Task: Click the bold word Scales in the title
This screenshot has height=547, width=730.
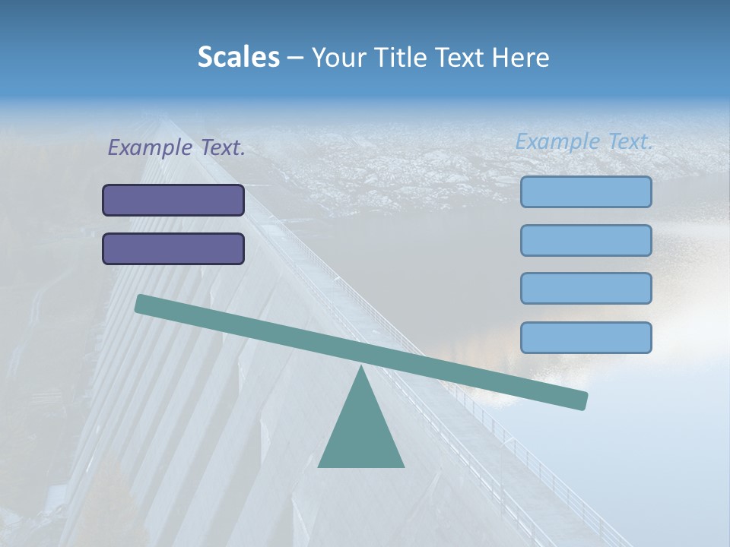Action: [238, 57]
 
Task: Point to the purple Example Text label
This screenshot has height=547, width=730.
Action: [176, 148]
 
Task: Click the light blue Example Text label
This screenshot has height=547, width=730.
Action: [584, 141]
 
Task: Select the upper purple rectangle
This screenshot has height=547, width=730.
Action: [173, 201]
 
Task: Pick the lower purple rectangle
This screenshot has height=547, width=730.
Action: [173, 249]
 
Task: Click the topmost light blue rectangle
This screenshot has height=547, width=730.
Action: [586, 192]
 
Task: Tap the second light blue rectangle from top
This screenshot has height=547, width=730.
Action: [586, 241]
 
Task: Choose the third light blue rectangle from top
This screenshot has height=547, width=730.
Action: [586, 289]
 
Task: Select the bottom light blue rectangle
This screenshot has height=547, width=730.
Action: [586, 337]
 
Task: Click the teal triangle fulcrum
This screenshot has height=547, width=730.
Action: [361, 433]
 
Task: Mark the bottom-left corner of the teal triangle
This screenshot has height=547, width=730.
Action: [319, 466]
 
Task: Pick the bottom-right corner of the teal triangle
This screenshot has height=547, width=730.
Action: [403, 466]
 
